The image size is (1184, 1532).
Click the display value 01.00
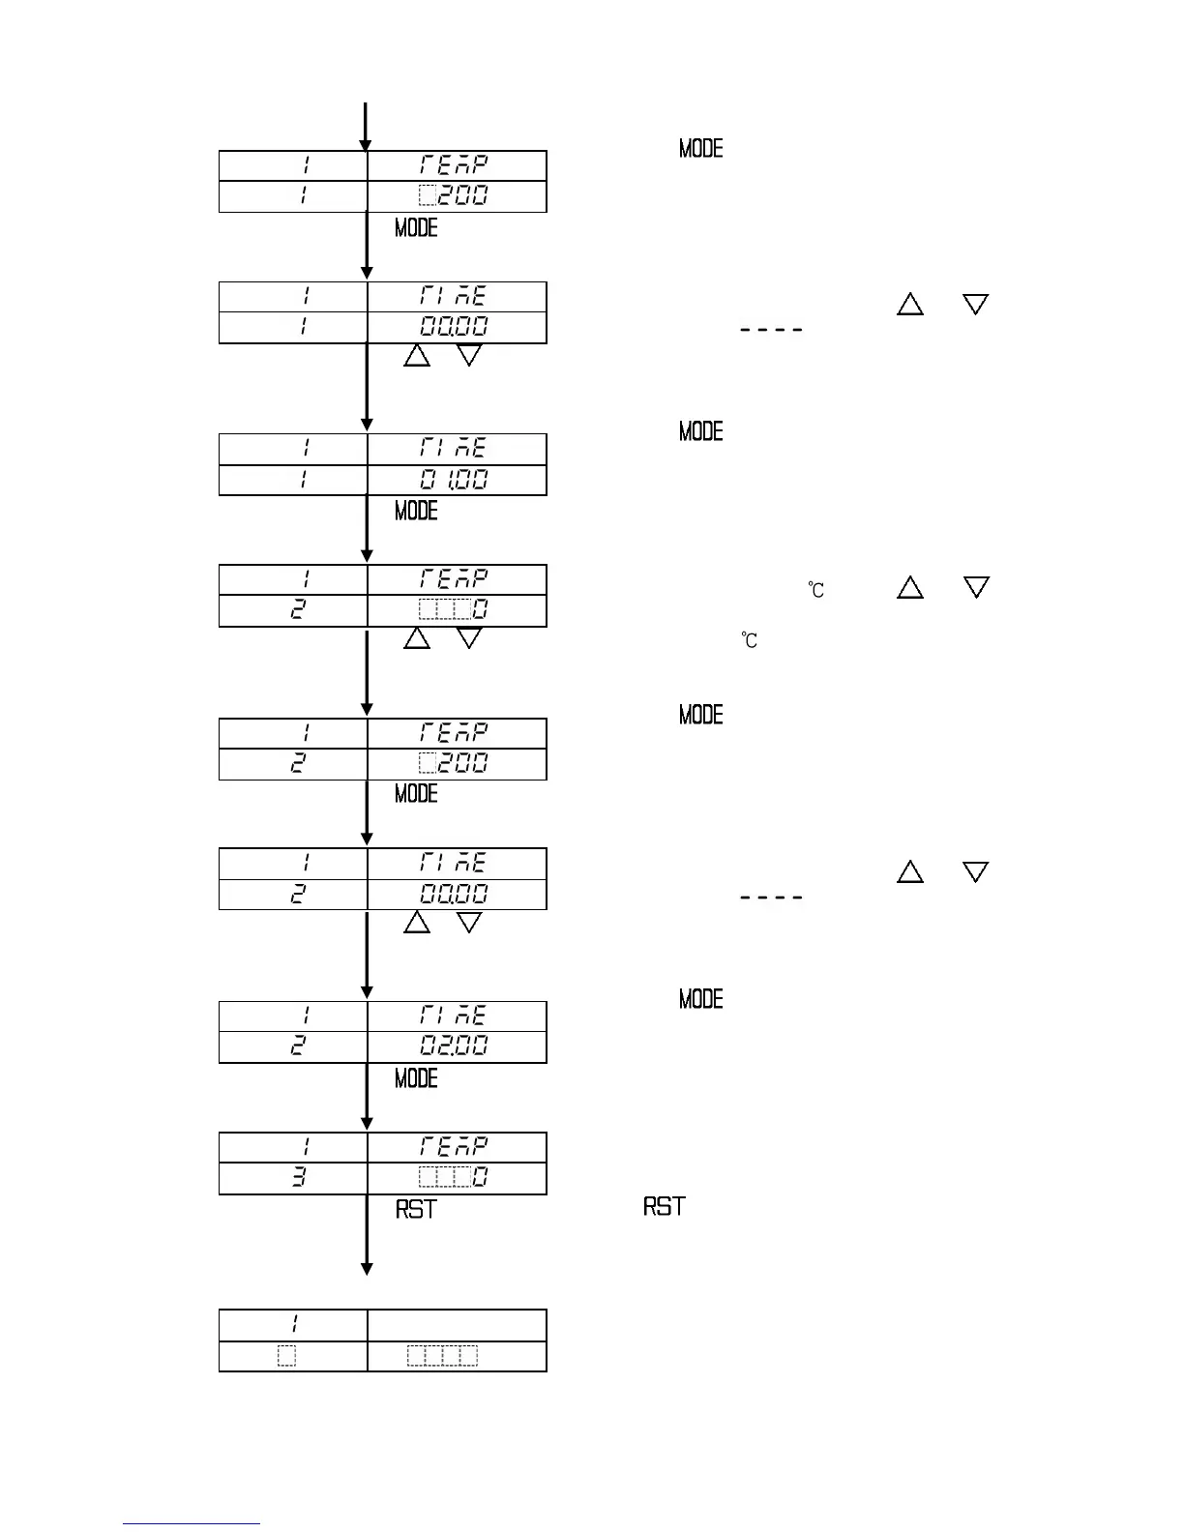454,480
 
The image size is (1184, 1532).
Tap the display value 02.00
454,1046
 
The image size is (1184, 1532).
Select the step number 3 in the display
299,1178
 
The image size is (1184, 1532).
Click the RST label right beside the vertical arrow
416,1210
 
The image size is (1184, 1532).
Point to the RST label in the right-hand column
665,1207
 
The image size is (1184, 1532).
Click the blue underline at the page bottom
192,1523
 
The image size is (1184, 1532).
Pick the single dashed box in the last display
286,1356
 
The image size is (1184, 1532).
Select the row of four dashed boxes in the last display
442,1356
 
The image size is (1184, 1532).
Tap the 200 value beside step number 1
454,196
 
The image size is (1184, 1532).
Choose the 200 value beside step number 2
454,763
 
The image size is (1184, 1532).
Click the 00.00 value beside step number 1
454,327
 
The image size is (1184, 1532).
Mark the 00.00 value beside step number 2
454,894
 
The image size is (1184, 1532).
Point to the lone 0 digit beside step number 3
480,1178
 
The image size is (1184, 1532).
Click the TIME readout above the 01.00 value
454,449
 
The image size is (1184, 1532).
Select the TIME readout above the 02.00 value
454,1016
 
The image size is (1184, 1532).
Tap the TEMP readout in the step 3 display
454,1147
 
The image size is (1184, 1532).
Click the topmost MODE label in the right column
701,149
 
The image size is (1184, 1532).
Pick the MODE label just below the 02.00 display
416,1078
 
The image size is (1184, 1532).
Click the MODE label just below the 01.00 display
416,511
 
